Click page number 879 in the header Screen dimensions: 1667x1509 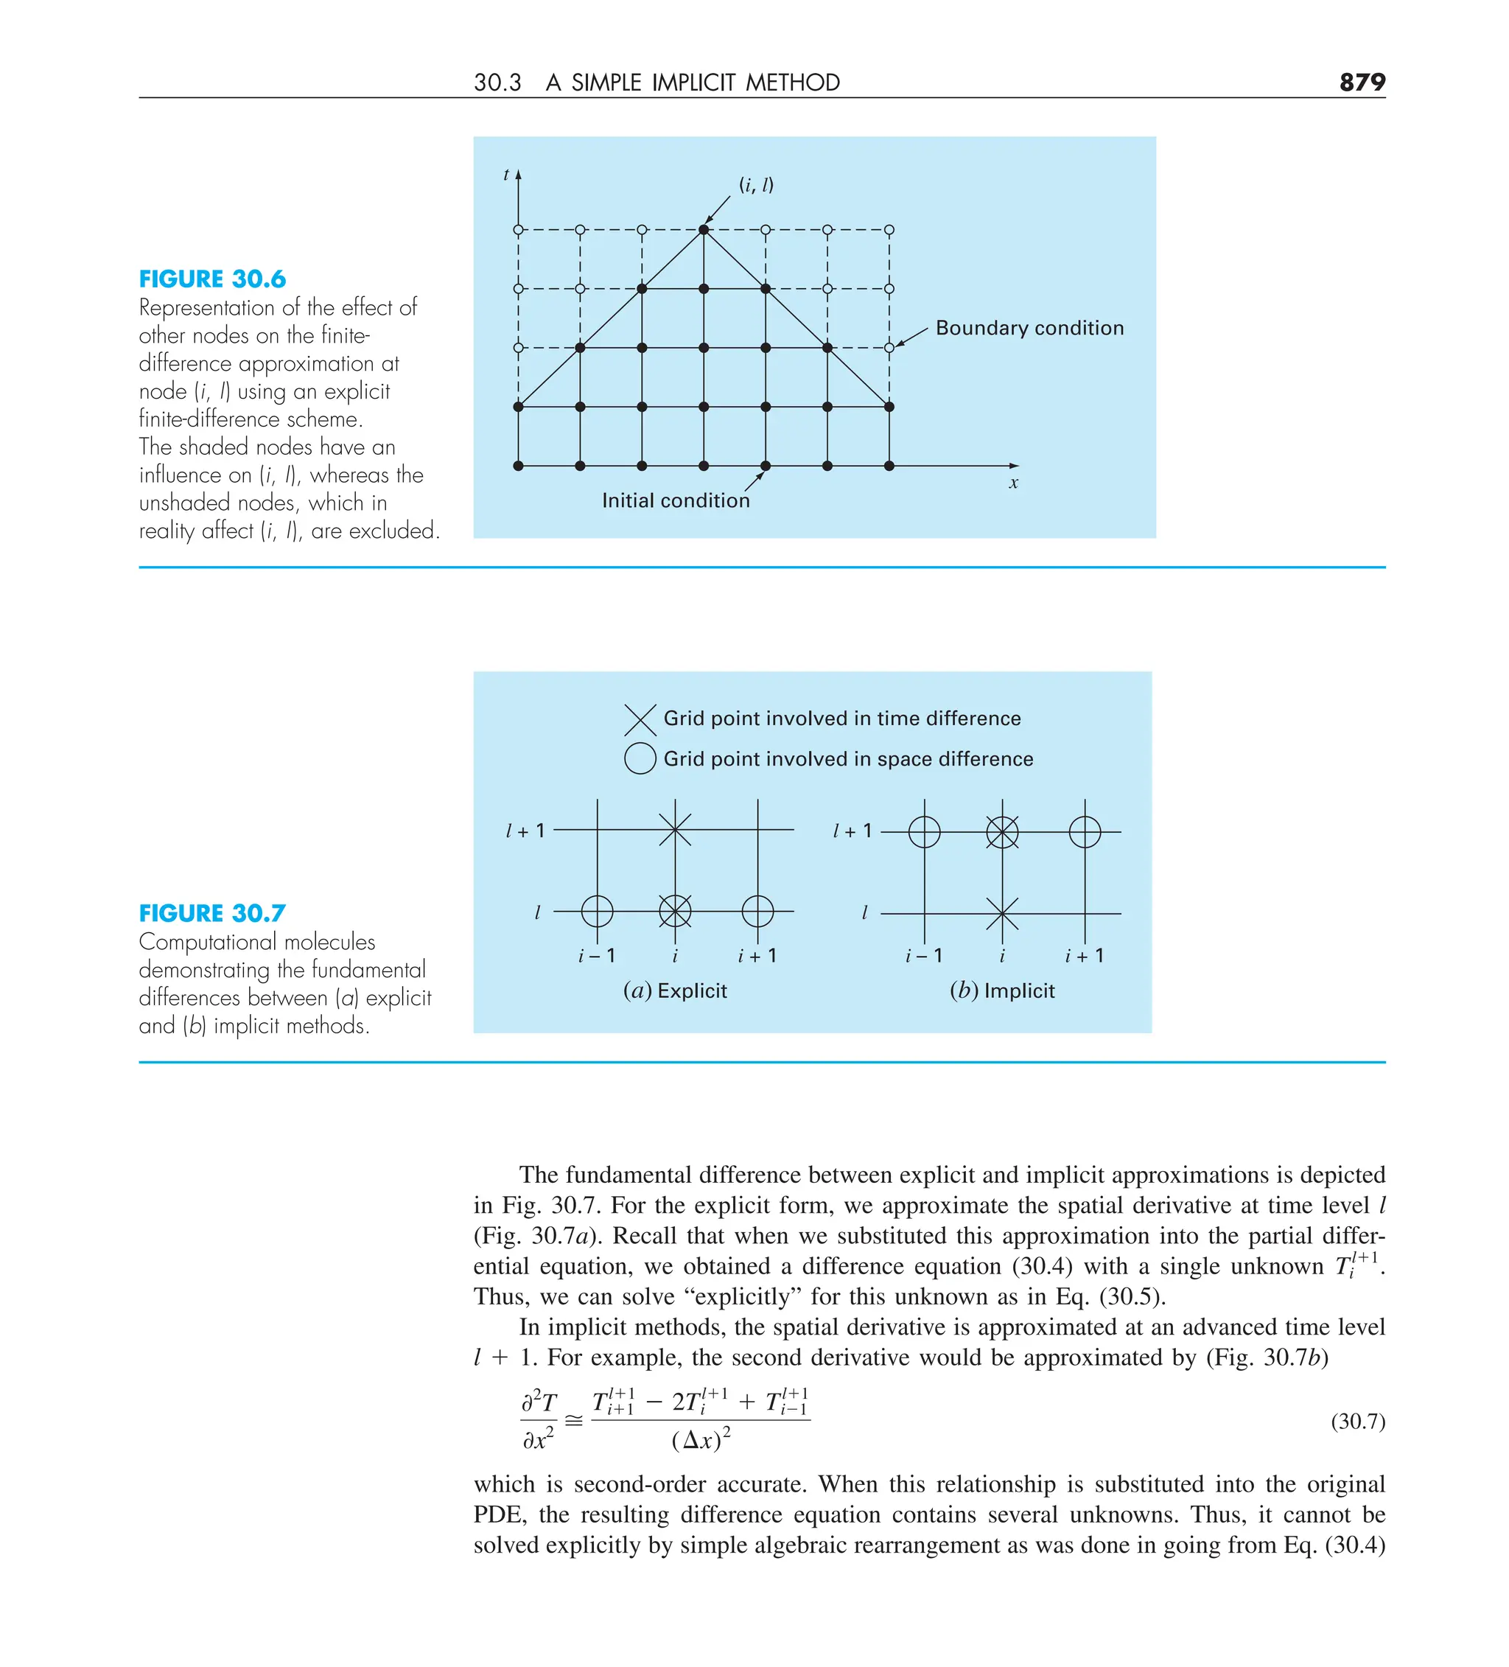pos(1361,82)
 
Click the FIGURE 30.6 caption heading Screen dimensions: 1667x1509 pos(211,279)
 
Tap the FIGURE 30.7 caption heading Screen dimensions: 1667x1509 pos(211,913)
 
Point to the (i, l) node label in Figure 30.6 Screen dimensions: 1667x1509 pos(756,184)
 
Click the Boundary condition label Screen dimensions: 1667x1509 pos(1029,328)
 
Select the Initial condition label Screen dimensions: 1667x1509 pos(675,500)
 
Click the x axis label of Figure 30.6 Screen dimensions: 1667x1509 pos(1013,483)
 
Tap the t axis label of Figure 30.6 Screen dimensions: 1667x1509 pos(506,175)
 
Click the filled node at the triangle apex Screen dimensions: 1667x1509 pos(704,230)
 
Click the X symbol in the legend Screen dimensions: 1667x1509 pos(640,719)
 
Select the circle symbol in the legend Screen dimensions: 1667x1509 pos(640,758)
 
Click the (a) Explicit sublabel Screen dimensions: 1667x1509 pos(675,990)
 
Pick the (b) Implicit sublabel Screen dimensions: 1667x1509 pos(1001,990)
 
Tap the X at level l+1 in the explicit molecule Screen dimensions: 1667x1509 pos(675,829)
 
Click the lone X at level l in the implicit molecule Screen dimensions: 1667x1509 pos(1002,914)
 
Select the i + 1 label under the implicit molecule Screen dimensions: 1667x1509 pos(1083,956)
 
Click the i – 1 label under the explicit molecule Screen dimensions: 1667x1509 pos(596,956)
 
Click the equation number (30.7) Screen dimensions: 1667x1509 pos(1357,1422)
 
